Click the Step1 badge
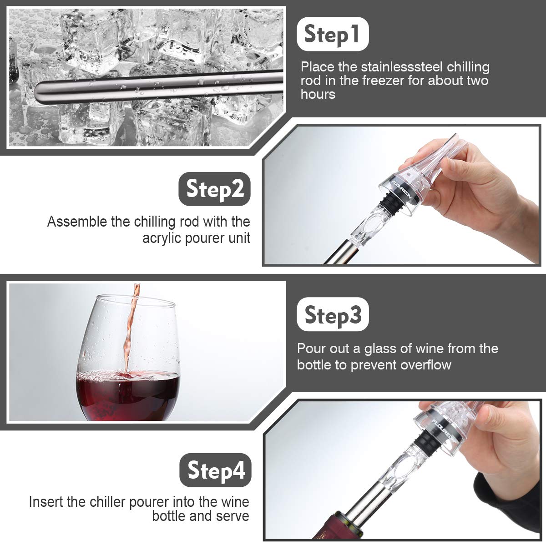(333, 34)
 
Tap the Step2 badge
(214, 189)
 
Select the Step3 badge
(333, 314)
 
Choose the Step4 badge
(215, 470)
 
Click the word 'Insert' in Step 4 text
(46, 502)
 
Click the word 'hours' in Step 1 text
(318, 94)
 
